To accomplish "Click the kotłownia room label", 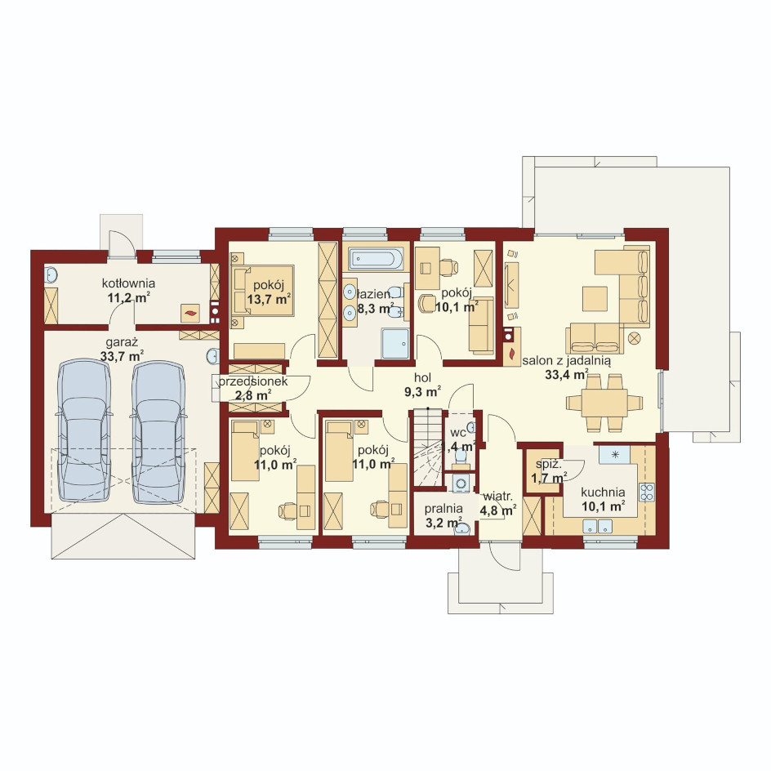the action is pos(128,283).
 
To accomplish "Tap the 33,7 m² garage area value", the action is pos(122,356).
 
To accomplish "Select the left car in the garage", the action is pos(85,430).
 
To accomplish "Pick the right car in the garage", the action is pos(158,433).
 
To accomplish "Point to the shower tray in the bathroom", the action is pos(394,344).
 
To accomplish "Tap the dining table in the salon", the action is pos(604,403).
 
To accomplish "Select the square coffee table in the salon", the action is pos(595,299).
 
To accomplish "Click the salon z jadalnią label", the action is pos(567,361).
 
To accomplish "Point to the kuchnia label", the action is pos(603,492).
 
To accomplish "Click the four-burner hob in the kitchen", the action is pos(647,492).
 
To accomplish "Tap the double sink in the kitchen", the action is pos(597,527).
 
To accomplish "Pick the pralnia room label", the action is pos(443,509).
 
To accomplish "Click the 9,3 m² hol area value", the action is pos(423,392).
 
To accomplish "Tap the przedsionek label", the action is pos(253,381).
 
